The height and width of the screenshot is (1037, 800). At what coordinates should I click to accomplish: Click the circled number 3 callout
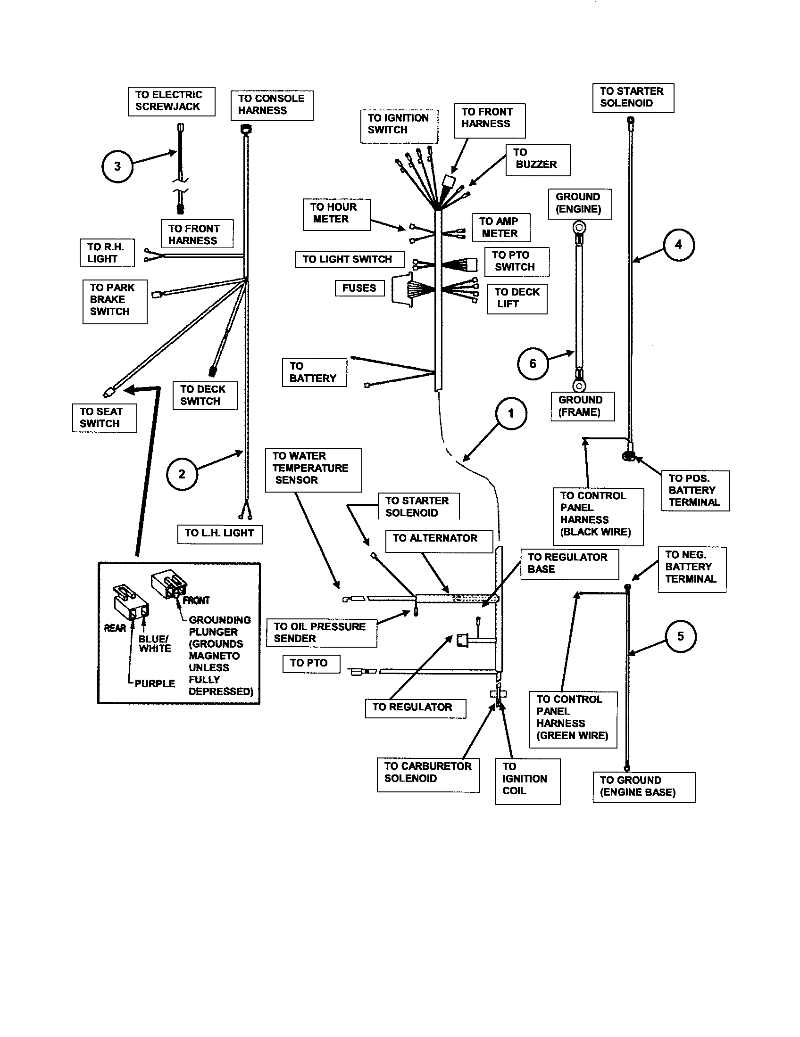click(x=117, y=167)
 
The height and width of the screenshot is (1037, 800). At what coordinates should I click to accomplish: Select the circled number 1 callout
click(x=511, y=413)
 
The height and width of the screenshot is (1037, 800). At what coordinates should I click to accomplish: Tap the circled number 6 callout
click(x=533, y=364)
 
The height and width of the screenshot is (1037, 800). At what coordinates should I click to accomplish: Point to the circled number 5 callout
click(x=680, y=636)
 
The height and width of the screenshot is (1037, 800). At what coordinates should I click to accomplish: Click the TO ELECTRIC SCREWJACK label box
click(x=171, y=101)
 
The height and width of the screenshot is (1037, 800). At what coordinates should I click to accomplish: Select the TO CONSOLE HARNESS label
click(x=272, y=105)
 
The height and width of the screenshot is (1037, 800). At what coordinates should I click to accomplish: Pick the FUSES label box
click(x=359, y=288)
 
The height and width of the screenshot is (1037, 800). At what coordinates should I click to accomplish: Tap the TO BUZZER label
click(x=537, y=159)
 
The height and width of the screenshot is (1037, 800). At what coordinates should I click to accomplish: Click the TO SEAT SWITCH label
click(x=104, y=418)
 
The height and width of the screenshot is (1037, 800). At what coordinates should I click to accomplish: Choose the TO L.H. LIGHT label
click(x=219, y=534)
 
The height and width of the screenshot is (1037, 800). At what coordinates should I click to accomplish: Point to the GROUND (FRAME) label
click(x=583, y=406)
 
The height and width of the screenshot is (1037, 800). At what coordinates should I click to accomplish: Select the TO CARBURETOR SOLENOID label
click(x=428, y=774)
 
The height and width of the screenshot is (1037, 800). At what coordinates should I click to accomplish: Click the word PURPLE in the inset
click(x=155, y=684)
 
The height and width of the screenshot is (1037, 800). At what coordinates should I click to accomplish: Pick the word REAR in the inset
click(x=115, y=628)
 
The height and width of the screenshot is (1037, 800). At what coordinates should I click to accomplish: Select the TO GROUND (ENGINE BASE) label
click(x=644, y=787)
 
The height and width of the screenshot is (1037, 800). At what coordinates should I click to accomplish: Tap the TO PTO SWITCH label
click(x=517, y=262)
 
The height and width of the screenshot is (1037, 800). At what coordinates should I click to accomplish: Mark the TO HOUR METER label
click(x=336, y=214)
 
